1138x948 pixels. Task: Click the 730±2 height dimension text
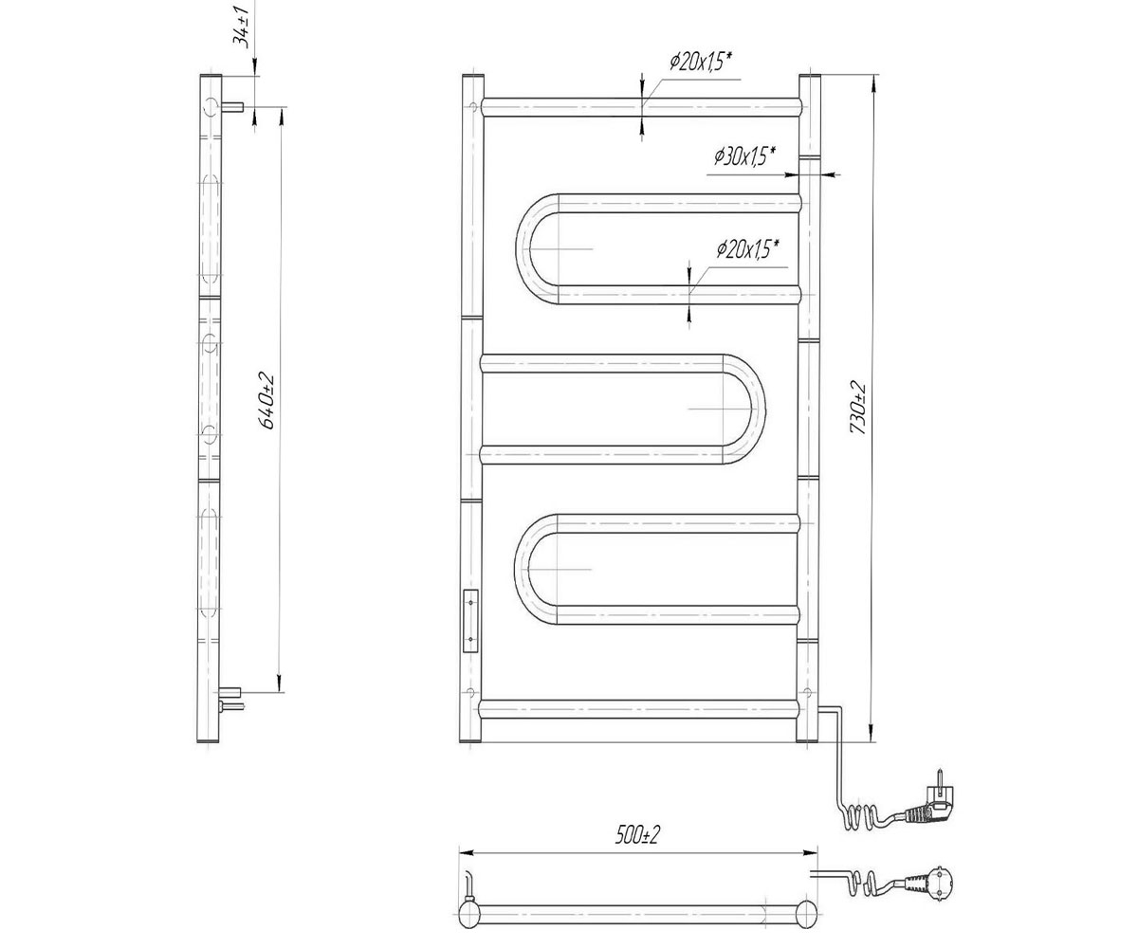pyautogui.click(x=857, y=408)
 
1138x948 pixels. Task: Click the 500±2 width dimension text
pyautogui.click(x=637, y=834)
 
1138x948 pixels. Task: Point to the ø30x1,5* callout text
pyautogui.click(x=744, y=157)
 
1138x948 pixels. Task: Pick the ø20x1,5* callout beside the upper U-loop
pyautogui.click(x=747, y=249)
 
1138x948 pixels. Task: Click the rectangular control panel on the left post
pyautogui.click(x=469, y=620)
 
